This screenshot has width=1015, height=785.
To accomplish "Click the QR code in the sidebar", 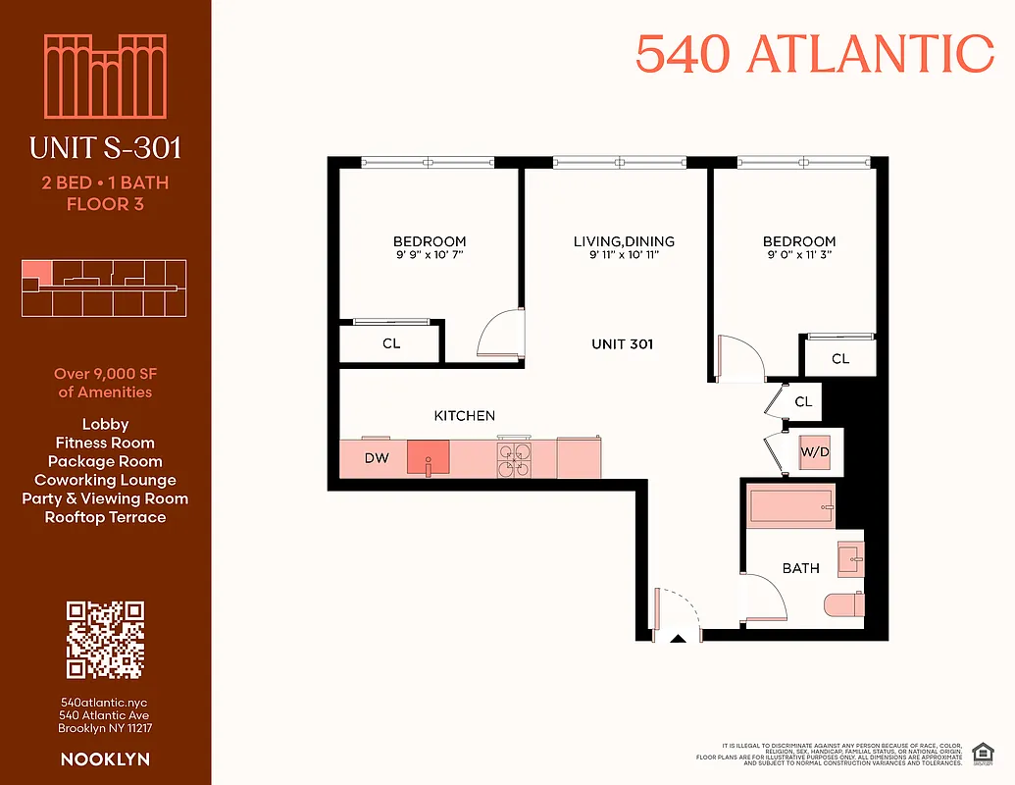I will pyautogui.click(x=105, y=640).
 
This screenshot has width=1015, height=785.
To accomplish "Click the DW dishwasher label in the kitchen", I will pyautogui.click(x=376, y=457).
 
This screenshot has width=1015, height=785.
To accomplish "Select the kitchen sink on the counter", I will pyautogui.click(x=428, y=456).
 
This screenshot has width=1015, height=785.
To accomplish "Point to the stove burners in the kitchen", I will pyautogui.click(x=514, y=457).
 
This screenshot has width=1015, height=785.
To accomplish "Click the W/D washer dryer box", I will pyautogui.click(x=815, y=452).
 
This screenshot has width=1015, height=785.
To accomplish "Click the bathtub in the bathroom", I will pyautogui.click(x=791, y=508).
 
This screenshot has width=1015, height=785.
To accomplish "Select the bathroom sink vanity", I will pyautogui.click(x=850, y=560).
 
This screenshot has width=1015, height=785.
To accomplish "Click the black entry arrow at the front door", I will pyautogui.click(x=678, y=639).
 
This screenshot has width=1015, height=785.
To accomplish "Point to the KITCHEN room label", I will pyautogui.click(x=464, y=416).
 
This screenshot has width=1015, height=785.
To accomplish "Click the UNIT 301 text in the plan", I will pyautogui.click(x=622, y=344).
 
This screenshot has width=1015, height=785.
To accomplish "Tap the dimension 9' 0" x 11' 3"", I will pyautogui.click(x=799, y=255).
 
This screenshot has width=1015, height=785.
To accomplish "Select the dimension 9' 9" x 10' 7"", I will pyautogui.click(x=430, y=255).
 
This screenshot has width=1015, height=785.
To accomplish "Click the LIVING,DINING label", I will pyautogui.click(x=624, y=241).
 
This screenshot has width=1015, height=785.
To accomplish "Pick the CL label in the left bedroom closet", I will pyautogui.click(x=391, y=344).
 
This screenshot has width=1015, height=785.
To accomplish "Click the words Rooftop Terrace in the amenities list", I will pyautogui.click(x=105, y=517).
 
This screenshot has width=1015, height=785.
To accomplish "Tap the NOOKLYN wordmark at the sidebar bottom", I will pyautogui.click(x=105, y=759).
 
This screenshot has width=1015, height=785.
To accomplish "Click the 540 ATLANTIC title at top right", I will pyautogui.click(x=814, y=54).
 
